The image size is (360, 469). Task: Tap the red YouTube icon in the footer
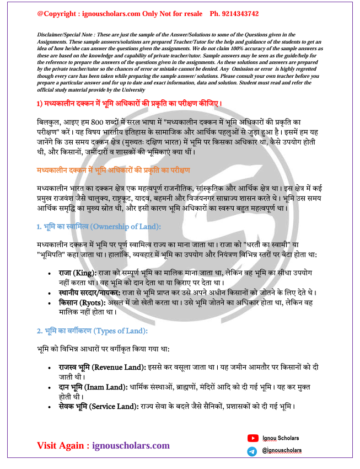point(252,438)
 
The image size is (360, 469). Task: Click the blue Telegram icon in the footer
point(252,451)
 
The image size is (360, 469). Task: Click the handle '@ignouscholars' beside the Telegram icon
point(282,451)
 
